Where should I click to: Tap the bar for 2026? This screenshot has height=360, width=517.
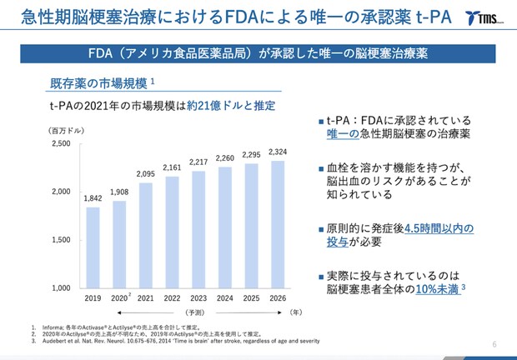(278, 224)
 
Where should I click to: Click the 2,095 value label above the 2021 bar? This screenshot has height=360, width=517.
(146, 173)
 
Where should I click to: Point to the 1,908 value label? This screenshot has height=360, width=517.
(119, 192)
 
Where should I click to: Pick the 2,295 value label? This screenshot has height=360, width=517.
(251, 154)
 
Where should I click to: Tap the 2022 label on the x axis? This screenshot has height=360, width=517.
(172, 297)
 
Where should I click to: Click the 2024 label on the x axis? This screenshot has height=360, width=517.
(225, 297)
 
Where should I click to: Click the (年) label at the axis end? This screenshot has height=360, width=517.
(294, 312)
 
